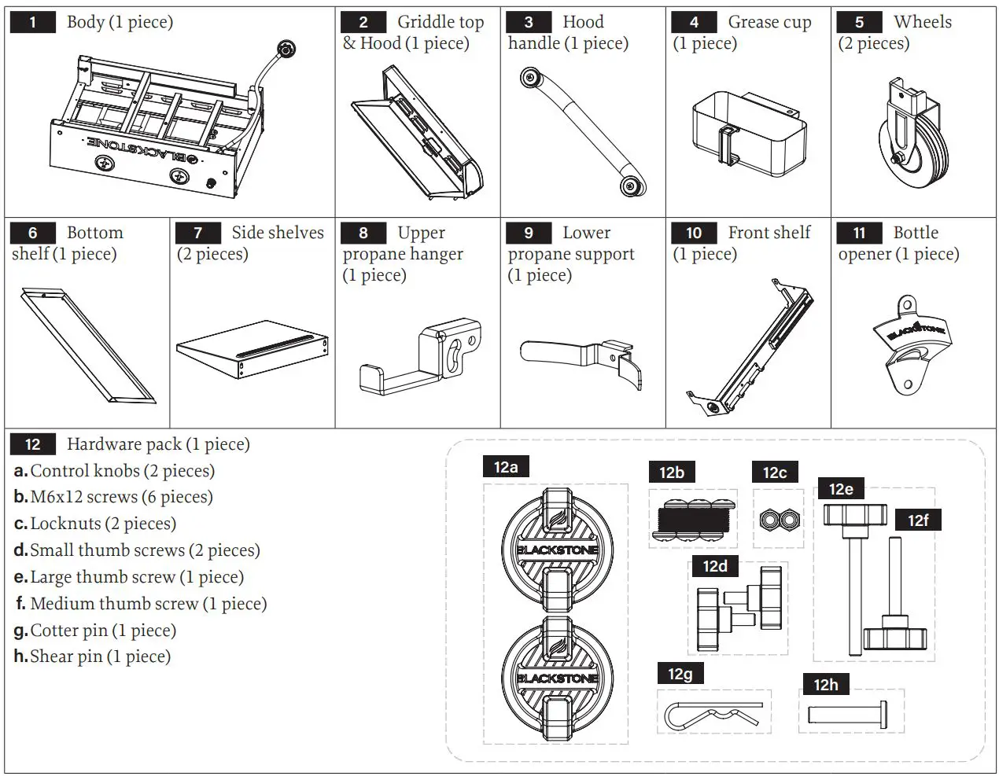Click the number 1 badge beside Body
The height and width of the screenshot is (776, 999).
32,22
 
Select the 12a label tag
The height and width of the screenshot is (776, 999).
506,467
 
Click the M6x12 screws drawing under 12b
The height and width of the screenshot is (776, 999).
692,520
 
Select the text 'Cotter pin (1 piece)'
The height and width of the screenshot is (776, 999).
103,631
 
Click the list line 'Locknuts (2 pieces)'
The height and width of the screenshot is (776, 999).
103,524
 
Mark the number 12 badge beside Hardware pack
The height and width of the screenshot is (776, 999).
32,444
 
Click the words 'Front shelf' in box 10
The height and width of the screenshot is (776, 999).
769,233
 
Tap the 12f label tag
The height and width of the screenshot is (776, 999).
918,520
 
